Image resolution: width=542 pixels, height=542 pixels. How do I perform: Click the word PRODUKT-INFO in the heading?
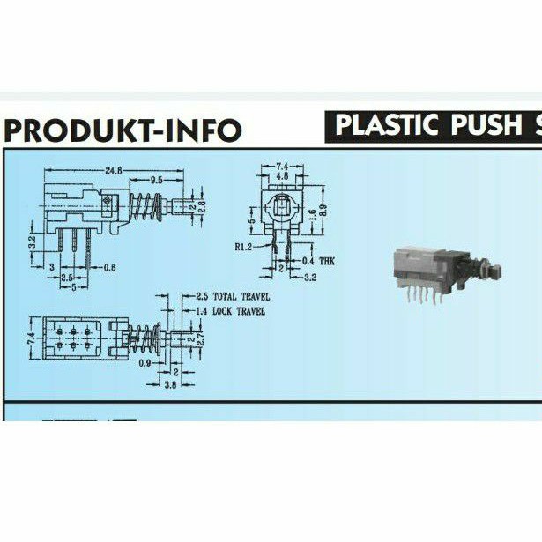pos(123,130)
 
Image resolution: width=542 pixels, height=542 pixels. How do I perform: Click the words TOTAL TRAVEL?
pos(240,297)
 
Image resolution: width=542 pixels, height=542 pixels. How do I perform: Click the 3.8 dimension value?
pos(170,384)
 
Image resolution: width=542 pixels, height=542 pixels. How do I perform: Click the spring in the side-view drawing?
pos(146,208)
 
